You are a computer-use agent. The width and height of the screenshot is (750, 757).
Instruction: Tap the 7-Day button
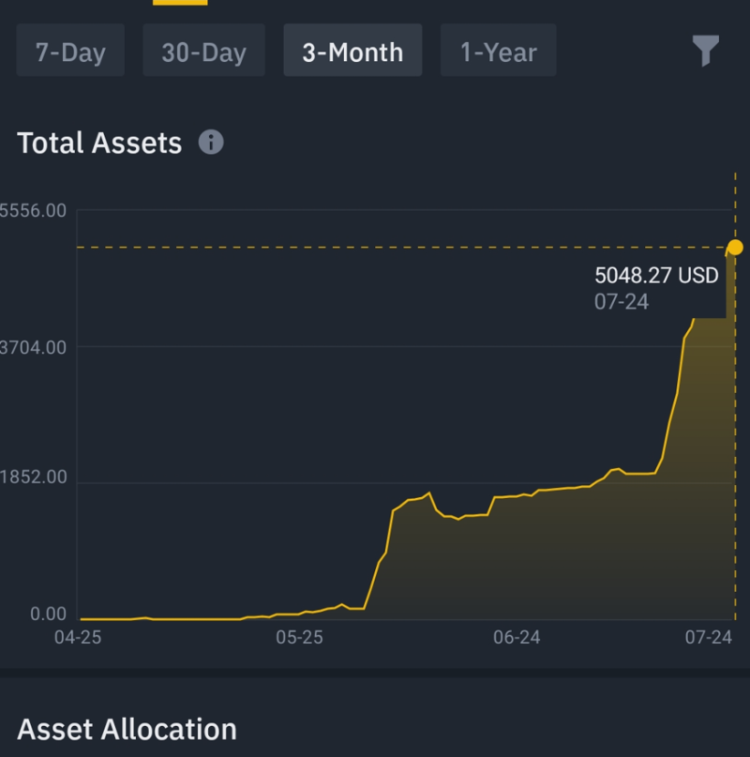(70, 51)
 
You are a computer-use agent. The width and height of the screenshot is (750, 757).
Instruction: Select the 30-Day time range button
(203, 51)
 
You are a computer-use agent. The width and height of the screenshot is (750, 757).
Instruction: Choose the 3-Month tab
(352, 51)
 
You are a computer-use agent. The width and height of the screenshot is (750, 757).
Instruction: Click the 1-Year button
(499, 51)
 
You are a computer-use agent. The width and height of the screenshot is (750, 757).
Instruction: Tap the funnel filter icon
(706, 50)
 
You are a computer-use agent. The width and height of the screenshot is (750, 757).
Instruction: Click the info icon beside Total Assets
(211, 143)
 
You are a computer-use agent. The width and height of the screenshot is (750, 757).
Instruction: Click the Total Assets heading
(99, 143)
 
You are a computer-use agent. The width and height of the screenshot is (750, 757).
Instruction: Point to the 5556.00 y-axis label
(33, 211)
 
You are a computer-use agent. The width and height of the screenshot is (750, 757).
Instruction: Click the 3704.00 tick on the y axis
(33, 348)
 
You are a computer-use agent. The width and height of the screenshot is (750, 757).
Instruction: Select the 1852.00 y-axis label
(33, 477)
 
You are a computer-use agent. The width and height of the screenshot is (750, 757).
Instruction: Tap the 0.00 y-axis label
(48, 614)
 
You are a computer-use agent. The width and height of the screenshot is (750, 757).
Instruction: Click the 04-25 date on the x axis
(78, 638)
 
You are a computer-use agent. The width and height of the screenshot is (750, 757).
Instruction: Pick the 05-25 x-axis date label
(299, 638)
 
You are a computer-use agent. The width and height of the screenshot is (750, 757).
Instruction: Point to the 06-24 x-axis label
(517, 638)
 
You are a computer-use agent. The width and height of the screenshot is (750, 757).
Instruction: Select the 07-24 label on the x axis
(709, 638)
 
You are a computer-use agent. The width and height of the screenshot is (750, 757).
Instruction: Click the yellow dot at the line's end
(735, 248)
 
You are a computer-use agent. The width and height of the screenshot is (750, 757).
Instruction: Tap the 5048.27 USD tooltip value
(656, 276)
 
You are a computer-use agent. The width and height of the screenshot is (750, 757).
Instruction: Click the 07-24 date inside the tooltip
(622, 302)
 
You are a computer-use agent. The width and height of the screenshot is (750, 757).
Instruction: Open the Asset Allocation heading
(127, 729)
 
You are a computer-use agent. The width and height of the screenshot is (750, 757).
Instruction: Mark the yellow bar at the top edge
(180, 3)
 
